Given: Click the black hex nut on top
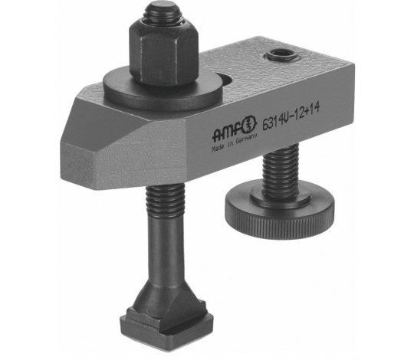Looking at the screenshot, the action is (x=163, y=54).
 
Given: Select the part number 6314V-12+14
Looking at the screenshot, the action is (x=291, y=117).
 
